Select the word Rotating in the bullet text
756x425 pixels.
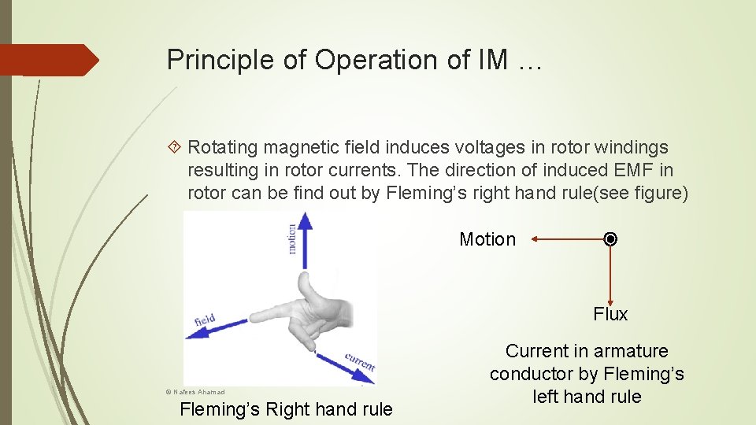tap(223, 147)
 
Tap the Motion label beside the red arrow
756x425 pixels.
tap(487, 239)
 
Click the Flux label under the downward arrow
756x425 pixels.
tap(610, 314)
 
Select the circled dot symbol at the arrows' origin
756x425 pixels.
tap(610, 238)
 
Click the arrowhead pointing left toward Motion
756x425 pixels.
tap(535, 238)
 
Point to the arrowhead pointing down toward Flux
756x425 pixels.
tap(610, 298)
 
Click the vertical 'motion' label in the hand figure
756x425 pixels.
tap(291, 238)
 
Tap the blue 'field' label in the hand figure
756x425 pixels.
tap(205, 320)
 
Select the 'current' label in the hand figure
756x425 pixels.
tap(359, 362)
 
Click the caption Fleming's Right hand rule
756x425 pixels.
tap(286, 409)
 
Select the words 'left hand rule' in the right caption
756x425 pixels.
tap(587, 397)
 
